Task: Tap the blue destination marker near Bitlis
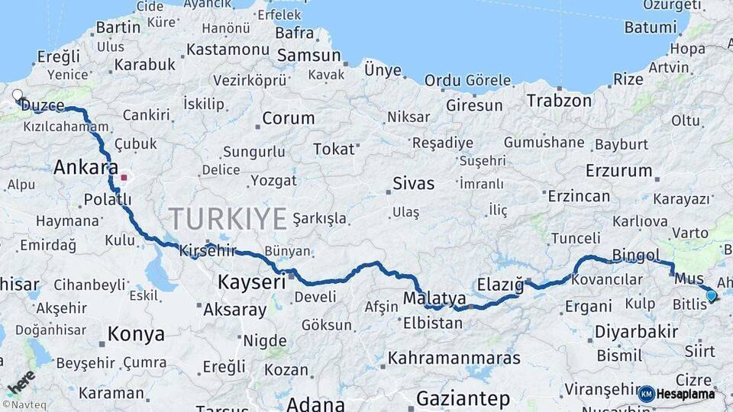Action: [711, 295]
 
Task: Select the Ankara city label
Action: [86, 167]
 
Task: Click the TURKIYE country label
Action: [228, 219]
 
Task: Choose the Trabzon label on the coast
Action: [559, 100]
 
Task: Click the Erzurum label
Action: [618, 170]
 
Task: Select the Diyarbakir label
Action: [636, 332]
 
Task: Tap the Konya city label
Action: [136, 333]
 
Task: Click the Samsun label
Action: [308, 55]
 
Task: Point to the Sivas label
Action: [413, 183]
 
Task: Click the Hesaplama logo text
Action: [686, 394]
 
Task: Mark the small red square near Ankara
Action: [124, 177]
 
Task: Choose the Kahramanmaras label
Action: [454, 357]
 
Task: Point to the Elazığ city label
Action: [500, 285]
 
